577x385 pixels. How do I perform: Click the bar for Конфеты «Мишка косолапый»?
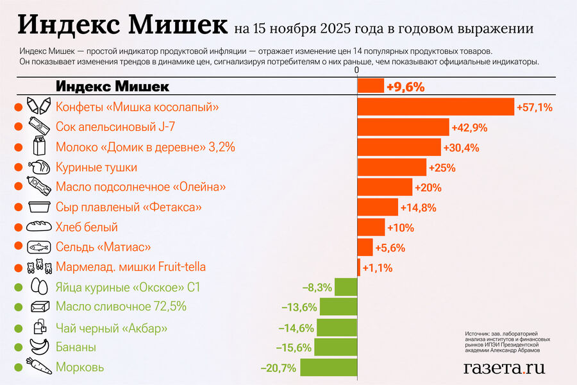tap(436, 107)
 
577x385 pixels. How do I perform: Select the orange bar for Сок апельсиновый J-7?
tap(403, 127)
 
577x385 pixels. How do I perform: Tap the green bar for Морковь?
tap(328, 368)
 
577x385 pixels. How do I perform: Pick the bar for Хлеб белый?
tap(371, 227)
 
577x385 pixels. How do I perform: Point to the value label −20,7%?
tap(278, 368)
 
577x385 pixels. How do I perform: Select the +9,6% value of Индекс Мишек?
tap(405, 87)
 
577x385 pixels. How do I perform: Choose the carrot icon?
tap(38, 368)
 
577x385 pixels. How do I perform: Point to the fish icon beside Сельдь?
tap(38, 247)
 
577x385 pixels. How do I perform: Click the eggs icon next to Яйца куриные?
tap(38, 287)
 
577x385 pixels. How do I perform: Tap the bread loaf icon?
tap(38, 227)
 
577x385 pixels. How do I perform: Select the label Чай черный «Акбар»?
tap(112, 329)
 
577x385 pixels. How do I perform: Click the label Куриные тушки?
tap(96, 167)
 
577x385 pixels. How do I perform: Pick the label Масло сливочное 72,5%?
tap(121, 307)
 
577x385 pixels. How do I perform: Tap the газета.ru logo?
tap(504, 367)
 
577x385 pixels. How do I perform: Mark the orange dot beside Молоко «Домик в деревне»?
tap(17, 147)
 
